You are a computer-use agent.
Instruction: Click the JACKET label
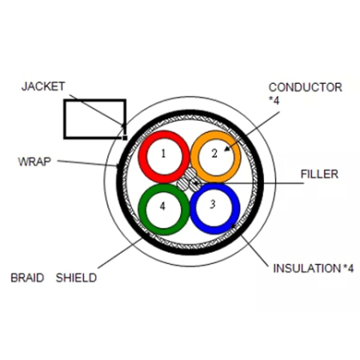pyautogui.click(x=43, y=87)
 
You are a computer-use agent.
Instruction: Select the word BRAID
pyautogui.click(x=27, y=278)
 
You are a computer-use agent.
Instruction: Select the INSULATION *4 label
pyautogui.click(x=312, y=268)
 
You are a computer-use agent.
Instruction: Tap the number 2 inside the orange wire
pyautogui.click(x=216, y=153)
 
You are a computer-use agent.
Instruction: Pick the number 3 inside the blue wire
pyautogui.click(x=212, y=205)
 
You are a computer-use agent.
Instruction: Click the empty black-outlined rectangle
pyautogui.click(x=94, y=119)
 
